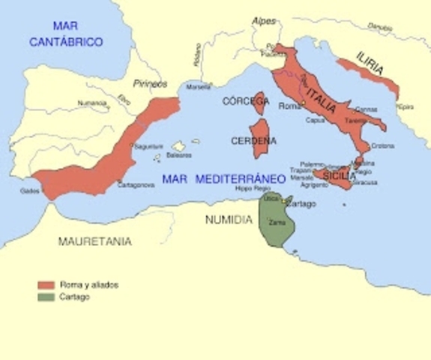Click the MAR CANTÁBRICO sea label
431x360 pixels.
(66, 36)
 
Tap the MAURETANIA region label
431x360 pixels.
(95, 241)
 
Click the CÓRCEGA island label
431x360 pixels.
(246, 100)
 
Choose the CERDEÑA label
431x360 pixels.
(253, 140)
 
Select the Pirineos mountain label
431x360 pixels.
(150, 84)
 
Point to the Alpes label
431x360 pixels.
(264, 21)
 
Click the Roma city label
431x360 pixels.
(289, 106)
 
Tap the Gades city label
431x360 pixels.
(31, 190)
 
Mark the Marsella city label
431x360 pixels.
(199, 85)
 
